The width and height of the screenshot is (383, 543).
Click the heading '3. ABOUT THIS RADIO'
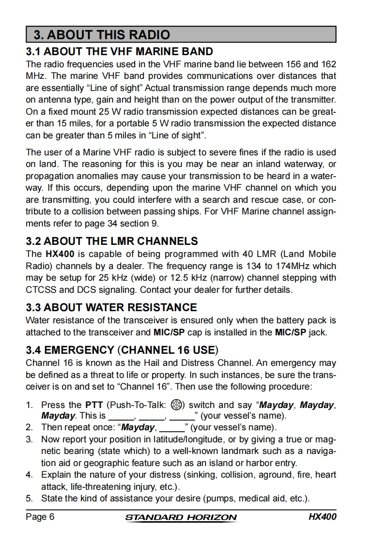102,35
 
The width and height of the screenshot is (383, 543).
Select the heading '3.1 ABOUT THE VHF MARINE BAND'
119,51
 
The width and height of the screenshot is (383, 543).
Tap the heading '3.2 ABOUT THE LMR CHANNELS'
111,241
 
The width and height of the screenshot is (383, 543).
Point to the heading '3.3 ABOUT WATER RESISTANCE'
111,307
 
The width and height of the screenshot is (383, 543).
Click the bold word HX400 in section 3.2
59,254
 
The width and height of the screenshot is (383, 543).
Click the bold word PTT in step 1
94,405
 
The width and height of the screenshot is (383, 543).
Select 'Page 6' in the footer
40,517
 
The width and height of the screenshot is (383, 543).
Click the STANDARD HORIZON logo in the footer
181,517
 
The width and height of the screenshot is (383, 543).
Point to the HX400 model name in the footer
322,517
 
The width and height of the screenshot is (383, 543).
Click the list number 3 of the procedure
30,439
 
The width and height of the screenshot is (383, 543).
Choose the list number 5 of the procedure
30,498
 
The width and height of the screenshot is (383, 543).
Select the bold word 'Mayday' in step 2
138,428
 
